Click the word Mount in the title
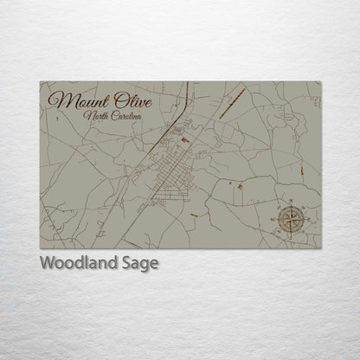click(80, 100)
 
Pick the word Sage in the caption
click(142, 264)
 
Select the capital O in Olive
click(116, 100)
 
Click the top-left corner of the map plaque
click(40, 82)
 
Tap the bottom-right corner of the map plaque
click(321, 248)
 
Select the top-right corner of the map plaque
click(321, 82)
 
